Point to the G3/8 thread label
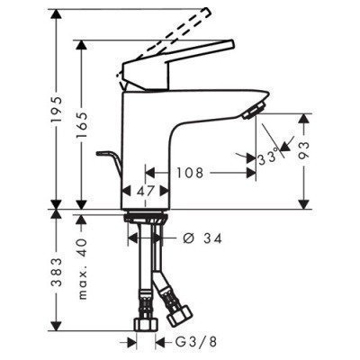coord(192,342)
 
